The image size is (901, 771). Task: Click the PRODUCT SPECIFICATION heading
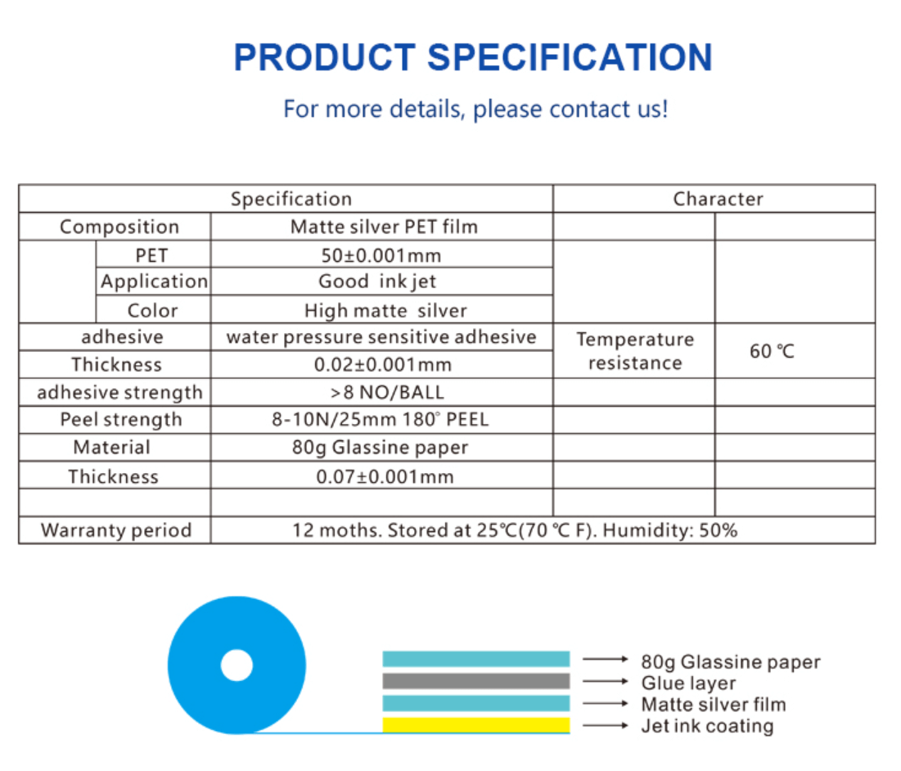pyautogui.click(x=473, y=57)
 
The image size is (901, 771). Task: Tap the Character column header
pyautogui.click(x=718, y=199)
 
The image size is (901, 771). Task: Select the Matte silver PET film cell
pyautogui.click(x=384, y=227)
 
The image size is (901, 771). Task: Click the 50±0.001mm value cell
pyautogui.click(x=381, y=255)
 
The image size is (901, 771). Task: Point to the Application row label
pyautogui.click(x=154, y=282)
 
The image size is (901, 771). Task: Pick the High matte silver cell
pyautogui.click(x=385, y=311)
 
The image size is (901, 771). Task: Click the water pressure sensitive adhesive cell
pyautogui.click(x=381, y=337)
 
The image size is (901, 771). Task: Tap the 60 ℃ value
pyautogui.click(x=772, y=351)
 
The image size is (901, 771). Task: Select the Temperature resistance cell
pyautogui.click(x=635, y=351)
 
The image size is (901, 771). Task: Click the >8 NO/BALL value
pyautogui.click(x=387, y=392)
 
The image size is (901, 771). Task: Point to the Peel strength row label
pyautogui.click(x=120, y=420)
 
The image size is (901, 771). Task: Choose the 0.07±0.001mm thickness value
pyautogui.click(x=385, y=476)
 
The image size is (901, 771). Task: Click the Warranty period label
pyautogui.click(x=116, y=530)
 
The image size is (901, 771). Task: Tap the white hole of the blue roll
pyautogui.click(x=237, y=665)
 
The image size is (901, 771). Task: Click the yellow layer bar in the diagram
pyautogui.click(x=476, y=725)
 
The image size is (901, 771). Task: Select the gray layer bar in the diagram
pyautogui.click(x=476, y=681)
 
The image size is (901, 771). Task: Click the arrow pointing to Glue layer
pyautogui.click(x=606, y=681)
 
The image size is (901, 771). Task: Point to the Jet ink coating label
pyautogui.click(x=707, y=726)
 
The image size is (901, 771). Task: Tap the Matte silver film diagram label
pyautogui.click(x=714, y=705)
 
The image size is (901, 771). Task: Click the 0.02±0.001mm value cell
pyautogui.click(x=383, y=365)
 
